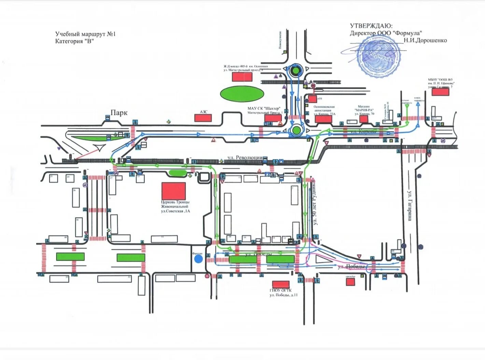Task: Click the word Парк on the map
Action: click(x=119, y=113)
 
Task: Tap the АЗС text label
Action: click(x=203, y=112)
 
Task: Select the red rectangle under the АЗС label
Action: click(x=203, y=118)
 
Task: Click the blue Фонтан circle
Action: click(x=198, y=259)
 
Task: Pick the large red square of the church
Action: click(x=173, y=191)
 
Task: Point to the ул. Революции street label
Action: click(x=245, y=157)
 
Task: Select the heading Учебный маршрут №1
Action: click(x=86, y=34)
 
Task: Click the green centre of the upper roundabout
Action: click(x=295, y=71)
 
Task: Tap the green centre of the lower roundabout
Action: click(x=296, y=130)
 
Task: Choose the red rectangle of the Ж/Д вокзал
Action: click(x=242, y=77)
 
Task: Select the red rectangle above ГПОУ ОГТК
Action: click(x=281, y=284)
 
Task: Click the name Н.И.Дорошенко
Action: click(x=425, y=40)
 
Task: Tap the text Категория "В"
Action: click(x=74, y=41)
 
